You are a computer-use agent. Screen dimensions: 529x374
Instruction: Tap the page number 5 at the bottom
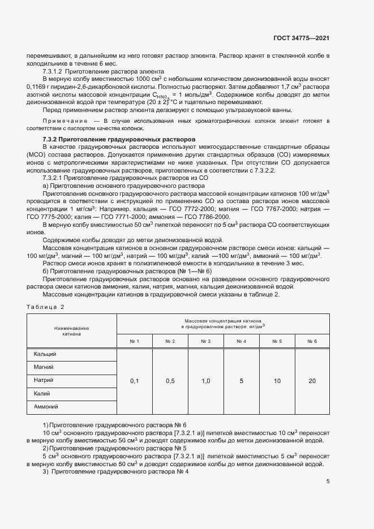pyautogui.click(x=328, y=481)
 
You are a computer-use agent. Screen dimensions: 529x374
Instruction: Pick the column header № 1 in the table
pyautogui.click(x=134, y=341)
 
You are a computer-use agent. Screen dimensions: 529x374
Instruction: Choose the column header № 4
pyautogui.click(x=241, y=341)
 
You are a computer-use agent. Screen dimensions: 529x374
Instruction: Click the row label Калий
pyautogui.click(x=42, y=393)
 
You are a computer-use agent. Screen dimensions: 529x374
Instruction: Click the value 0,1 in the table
pyautogui.click(x=134, y=381)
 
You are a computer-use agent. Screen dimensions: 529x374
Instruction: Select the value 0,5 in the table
pyautogui.click(x=170, y=381)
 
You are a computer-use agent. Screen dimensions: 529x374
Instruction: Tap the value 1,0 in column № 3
pyautogui.click(x=206, y=381)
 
